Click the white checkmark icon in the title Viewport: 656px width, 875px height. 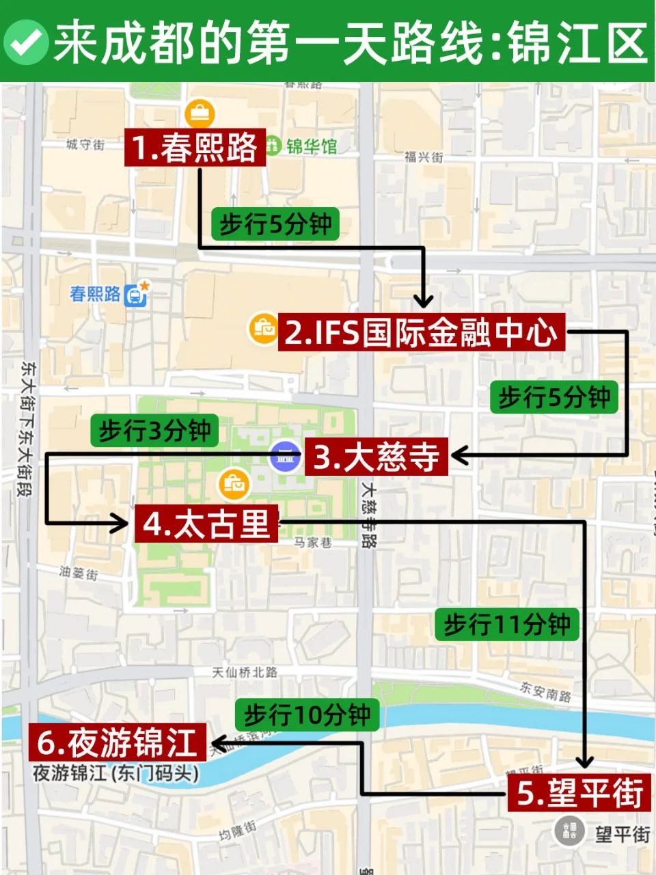pos(25,42)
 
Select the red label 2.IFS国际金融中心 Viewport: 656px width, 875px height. pos(421,333)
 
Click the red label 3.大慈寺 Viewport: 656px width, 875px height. pos(377,457)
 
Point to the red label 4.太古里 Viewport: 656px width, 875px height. pos(206,524)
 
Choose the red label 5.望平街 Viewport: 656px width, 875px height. pos(579,793)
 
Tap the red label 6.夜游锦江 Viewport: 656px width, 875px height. pos(117,742)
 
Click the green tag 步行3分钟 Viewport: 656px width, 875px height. pos(154,431)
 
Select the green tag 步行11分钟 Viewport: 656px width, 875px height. pos(507,624)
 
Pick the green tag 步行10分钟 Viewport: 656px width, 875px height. pos(307,715)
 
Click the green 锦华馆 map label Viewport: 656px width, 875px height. pos(311,146)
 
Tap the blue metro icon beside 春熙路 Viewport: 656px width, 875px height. pos(136,295)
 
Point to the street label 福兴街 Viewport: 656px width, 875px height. pos(424,157)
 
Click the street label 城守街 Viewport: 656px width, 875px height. pos(85,145)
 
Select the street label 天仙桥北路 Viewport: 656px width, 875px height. pos(245,673)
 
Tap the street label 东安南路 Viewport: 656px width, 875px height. pos(545,692)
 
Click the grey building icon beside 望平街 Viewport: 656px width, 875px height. pos(569,832)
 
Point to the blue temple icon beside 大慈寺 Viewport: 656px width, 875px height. pos(285,457)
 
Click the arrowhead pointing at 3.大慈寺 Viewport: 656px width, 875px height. pos(459,455)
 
